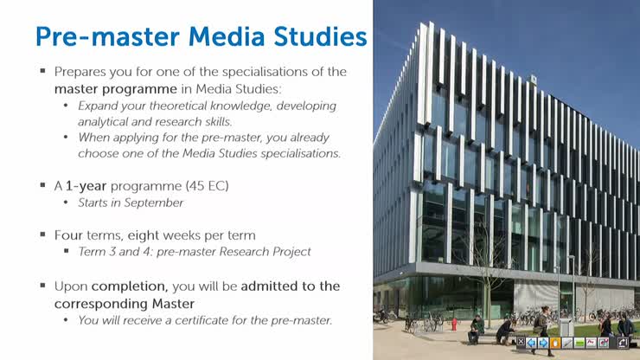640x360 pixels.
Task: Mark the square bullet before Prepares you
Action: [42, 72]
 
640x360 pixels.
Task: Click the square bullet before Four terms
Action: [42, 235]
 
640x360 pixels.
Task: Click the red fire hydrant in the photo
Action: [453, 324]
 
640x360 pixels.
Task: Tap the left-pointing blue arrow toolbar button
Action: [531, 343]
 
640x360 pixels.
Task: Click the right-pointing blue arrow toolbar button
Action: [543, 343]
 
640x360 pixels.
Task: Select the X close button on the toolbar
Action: [520, 343]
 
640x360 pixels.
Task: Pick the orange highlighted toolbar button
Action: [555, 343]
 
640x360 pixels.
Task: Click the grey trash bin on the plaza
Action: [565, 328]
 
